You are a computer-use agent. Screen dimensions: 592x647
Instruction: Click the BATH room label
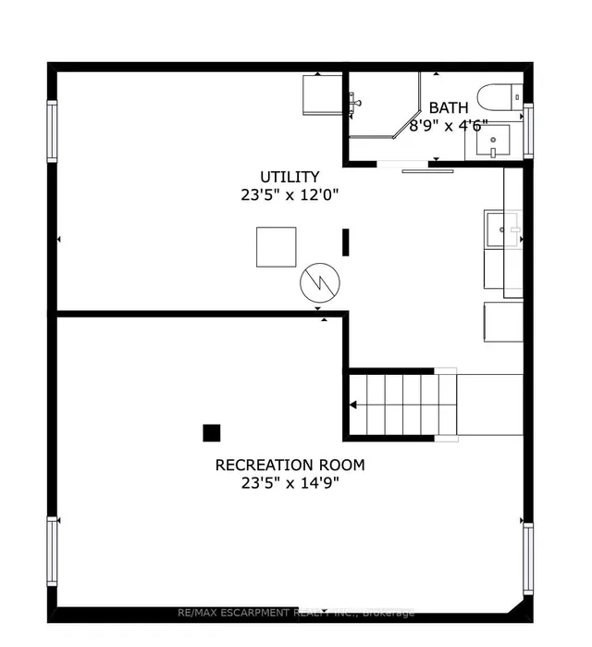pyautogui.click(x=449, y=107)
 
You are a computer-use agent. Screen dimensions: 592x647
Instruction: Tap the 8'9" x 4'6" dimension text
pyautogui.click(x=449, y=125)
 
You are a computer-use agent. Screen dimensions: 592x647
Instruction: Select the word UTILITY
pyautogui.click(x=290, y=177)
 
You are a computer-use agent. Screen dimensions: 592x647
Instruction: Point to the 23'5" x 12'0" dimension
pyautogui.click(x=290, y=194)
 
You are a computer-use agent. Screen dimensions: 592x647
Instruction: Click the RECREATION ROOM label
pyautogui.click(x=290, y=465)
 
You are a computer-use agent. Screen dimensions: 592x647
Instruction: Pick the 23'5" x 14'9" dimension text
pyautogui.click(x=290, y=482)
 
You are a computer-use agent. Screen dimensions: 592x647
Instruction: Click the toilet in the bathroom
pyautogui.click(x=500, y=97)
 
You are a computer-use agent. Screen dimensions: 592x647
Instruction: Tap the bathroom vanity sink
pyautogui.click(x=493, y=141)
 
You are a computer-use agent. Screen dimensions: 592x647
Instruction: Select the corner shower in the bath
pyautogui.click(x=384, y=105)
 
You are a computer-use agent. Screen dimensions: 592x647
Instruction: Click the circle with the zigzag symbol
pyautogui.click(x=320, y=283)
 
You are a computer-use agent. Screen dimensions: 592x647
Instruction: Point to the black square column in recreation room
pyautogui.click(x=212, y=433)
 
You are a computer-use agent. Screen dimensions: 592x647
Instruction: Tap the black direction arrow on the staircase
pyautogui.click(x=352, y=404)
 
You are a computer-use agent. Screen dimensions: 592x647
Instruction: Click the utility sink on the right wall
pyautogui.click(x=502, y=229)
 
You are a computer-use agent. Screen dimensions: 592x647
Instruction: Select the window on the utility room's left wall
pyautogui.click(x=52, y=131)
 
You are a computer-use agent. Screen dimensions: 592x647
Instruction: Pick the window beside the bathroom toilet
pyautogui.click(x=528, y=131)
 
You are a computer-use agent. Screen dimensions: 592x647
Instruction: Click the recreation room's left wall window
pyautogui.click(x=52, y=551)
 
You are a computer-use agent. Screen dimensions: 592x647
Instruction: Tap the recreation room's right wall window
pyautogui.click(x=528, y=559)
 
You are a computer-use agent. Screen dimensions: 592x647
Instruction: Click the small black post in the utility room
pyautogui.click(x=345, y=243)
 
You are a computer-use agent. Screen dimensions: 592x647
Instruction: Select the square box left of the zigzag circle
pyautogui.click(x=277, y=247)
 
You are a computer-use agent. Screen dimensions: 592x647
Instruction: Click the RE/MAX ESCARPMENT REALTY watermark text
pyautogui.click(x=296, y=613)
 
